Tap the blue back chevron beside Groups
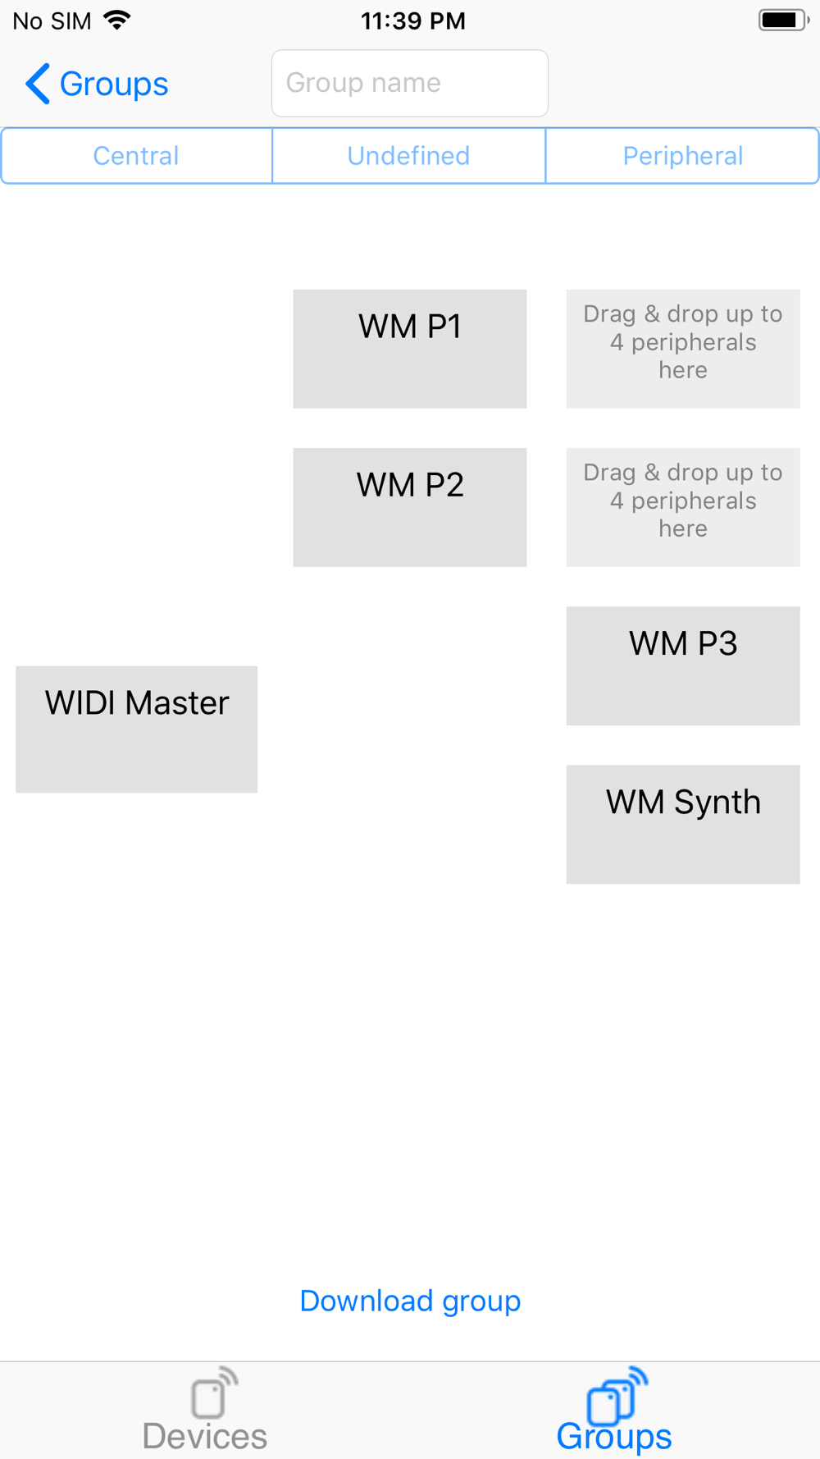pos(38,84)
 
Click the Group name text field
pos(409,83)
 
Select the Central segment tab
pos(136,156)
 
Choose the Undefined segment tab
pos(408,156)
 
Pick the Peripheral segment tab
pos(682,156)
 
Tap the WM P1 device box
pos(409,349)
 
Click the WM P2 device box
pos(409,507)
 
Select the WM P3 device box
pos(682,665)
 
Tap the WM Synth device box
pos(682,824)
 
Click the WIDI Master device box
pos(136,729)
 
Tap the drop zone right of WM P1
pos(682,349)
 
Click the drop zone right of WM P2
pos(682,507)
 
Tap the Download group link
pos(410,1301)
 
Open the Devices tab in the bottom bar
pos(205,1411)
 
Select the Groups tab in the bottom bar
pos(614,1411)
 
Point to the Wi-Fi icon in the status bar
pos(117,21)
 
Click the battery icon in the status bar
pos(782,21)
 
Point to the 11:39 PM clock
pos(412,21)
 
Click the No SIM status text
pos(52,21)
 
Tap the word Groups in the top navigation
pos(114,84)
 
